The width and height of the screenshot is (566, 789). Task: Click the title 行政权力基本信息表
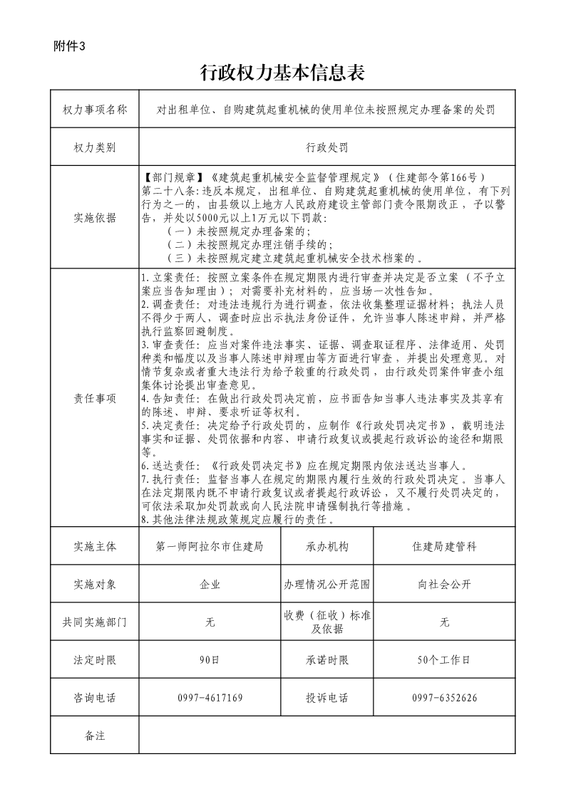pyautogui.click(x=283, y=73)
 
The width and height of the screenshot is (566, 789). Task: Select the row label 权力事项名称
pyautogui.click(x=95, y=110)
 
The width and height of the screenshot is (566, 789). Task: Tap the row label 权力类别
pyautogui.click(x=95, y=147)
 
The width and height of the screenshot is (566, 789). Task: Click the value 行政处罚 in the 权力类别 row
pyautogui.click(x=327, y=147)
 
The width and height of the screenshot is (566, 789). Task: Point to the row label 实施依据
pyautogui.click(x=95, y=217)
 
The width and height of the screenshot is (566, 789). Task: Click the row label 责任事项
pyautogui.click(x=95, y=399)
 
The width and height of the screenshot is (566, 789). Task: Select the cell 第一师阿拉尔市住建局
pyautogui.click(x=210, y=546)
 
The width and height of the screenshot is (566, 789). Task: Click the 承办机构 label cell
pyautogui.click(x=327, y=546)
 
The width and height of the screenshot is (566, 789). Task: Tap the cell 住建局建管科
pyautogui.click(x=444, y=546)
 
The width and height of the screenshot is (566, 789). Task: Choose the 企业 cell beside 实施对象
pyautogui.click(x=210, y=584)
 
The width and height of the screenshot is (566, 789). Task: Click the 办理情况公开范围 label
pyautogui.click(x=327, y=584)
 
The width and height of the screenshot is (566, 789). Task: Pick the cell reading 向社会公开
pyautogui.click(x=444, y=584)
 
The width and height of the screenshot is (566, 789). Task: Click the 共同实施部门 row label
pyautogui.click(x=95, y=622)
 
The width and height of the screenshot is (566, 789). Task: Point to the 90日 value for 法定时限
pyautogui.click(x=210, y=660)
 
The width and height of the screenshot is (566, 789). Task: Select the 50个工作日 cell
pyautogui.click(x=444, y=660)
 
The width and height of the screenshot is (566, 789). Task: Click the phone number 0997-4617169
pyautogui.click(x=210, y=698)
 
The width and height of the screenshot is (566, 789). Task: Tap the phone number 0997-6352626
pyautogui.click(x=444, y=698)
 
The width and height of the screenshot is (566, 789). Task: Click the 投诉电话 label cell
pyautogui.click(x=327, y=698)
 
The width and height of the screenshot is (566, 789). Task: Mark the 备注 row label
pyautogui.click(x=95, y=736)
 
